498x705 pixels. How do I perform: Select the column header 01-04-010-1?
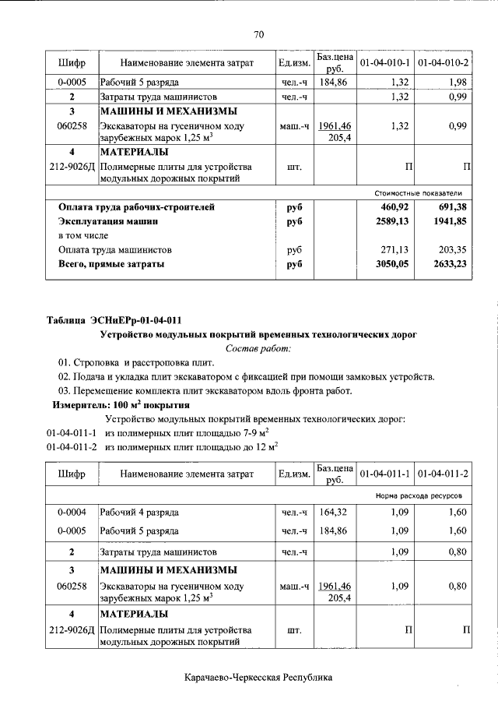click(385, 62)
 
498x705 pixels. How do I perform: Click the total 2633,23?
click(448, 264)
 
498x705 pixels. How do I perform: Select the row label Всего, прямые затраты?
click(111, 264)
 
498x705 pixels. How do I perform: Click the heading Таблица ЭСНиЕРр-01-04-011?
click(114, 319)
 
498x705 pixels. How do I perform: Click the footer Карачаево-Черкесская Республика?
click(259, 678)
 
